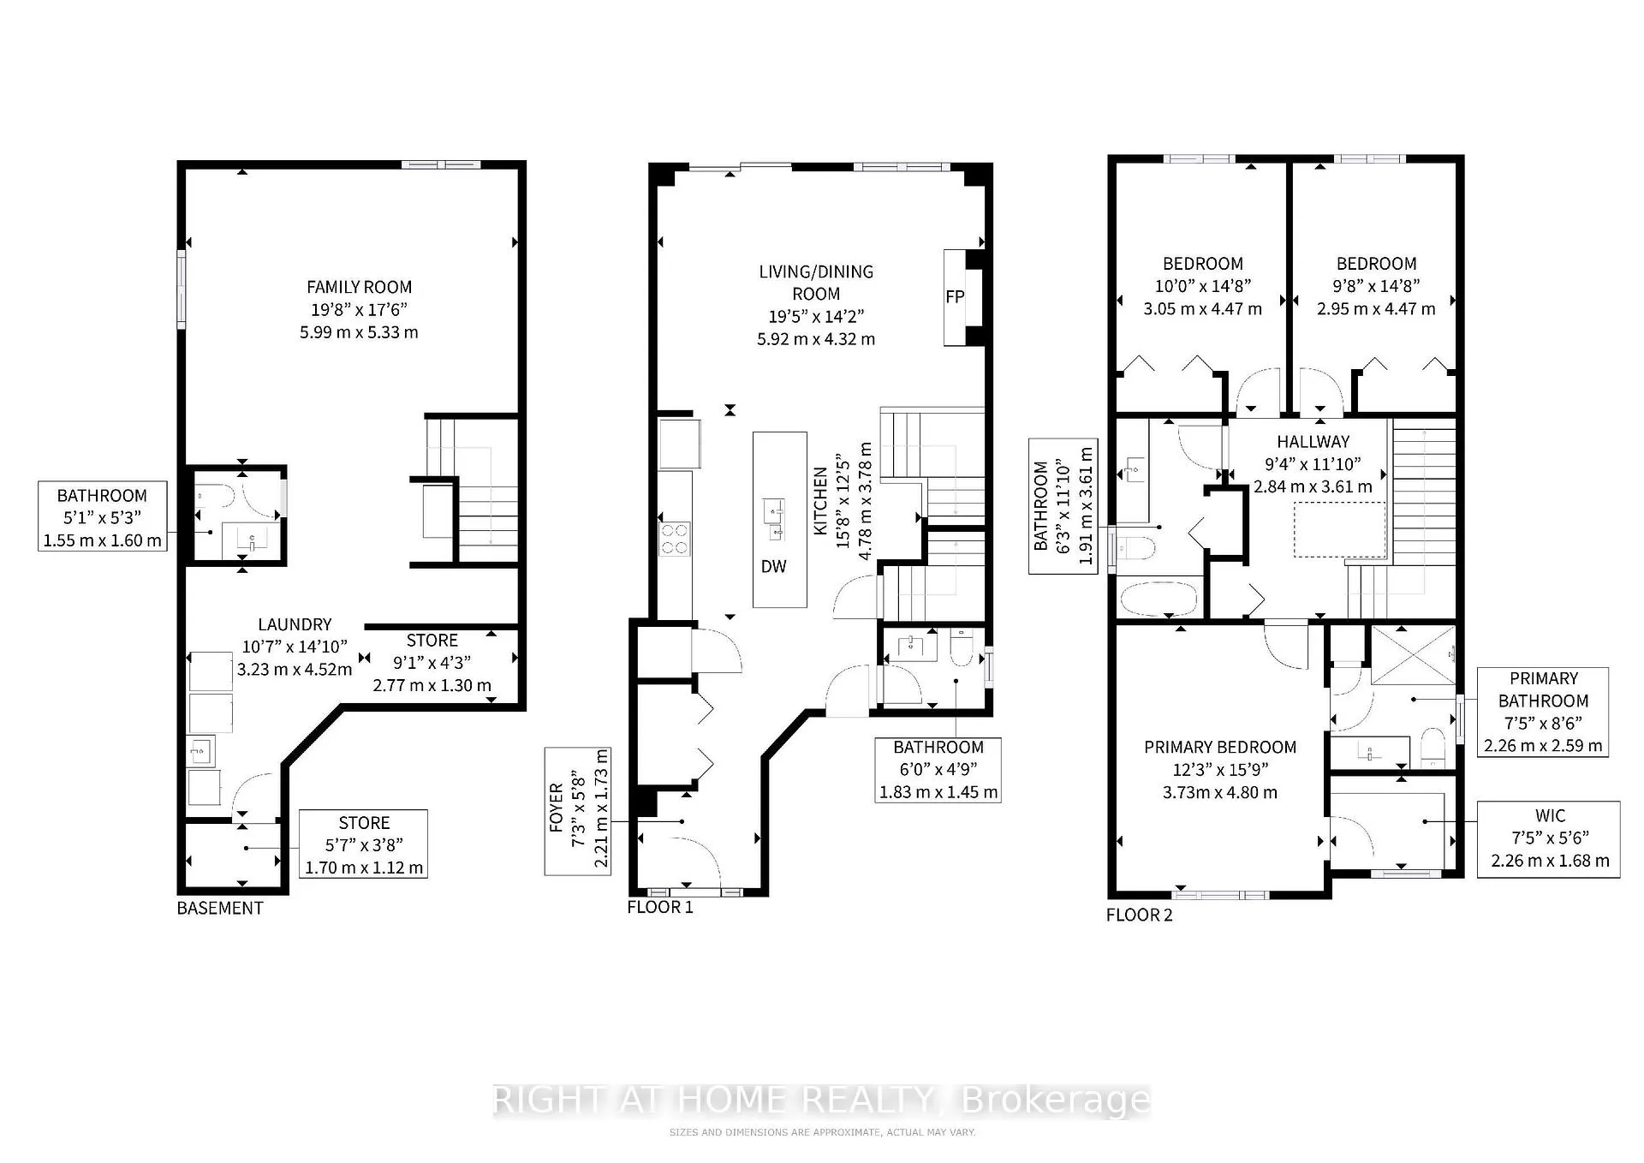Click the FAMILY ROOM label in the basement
coord(359,287)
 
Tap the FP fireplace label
coord(955,297)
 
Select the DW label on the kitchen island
coord(773,566)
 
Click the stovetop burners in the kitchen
coord(675,540)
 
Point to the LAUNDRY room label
coord(295,624)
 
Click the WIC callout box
coord(1548,839)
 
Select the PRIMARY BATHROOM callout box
coord(1543,712)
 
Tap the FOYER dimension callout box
coord(579,810)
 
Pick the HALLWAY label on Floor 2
coord(1313,442)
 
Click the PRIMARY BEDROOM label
coord(1220,747)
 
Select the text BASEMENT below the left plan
coord(220,908)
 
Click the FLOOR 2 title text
coord(1139,915)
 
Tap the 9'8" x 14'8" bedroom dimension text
coord(1376,286)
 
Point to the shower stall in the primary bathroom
coord(1413,655)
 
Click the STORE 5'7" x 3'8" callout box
coord(363,844)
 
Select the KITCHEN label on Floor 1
coord(821,501)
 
